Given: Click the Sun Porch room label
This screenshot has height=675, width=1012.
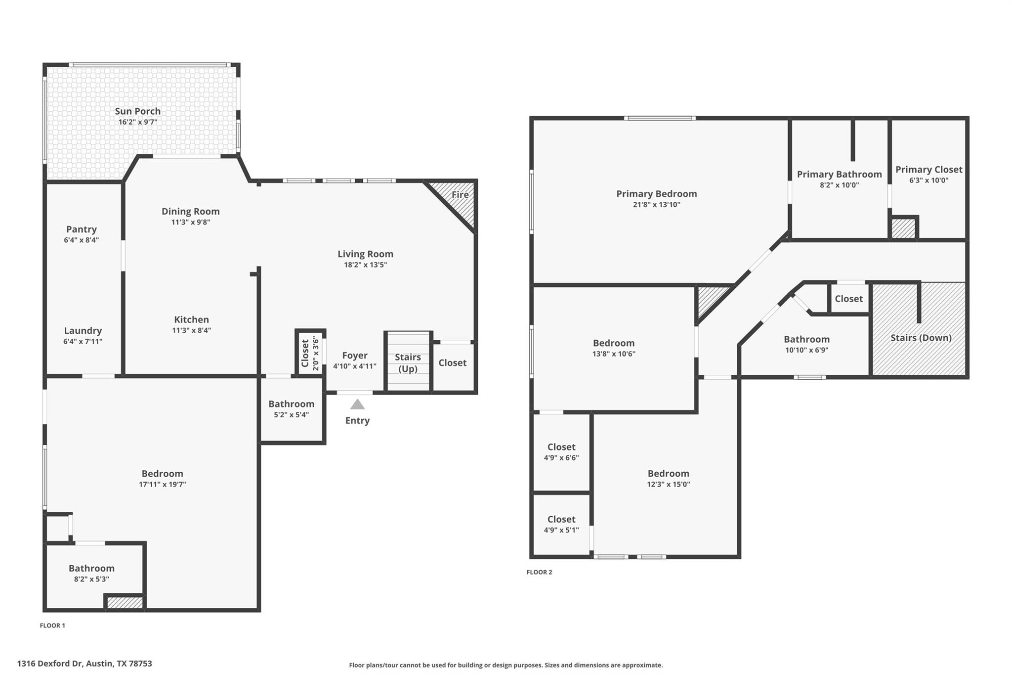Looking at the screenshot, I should click(x=137, y=111).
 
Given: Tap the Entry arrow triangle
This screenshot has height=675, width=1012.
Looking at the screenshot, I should click(x=357, y=405).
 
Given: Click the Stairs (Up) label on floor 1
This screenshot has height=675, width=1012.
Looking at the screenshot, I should click(x=408, y=362).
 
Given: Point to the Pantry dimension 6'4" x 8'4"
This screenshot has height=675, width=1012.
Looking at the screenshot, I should click(x=81, y=240).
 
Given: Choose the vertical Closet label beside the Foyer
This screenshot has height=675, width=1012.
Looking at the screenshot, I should click(x=305, y=353).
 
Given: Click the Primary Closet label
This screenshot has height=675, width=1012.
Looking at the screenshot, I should click(x=928, y=170).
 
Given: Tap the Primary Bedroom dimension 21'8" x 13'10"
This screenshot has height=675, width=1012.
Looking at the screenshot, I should click(x=656, y=205).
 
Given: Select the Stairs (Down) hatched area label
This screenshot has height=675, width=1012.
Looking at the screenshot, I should click(x=921, y=338).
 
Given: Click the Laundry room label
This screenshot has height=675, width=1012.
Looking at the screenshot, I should click(x=83, y=331).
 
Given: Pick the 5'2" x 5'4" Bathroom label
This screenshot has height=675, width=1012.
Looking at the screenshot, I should click(x=291, y=404).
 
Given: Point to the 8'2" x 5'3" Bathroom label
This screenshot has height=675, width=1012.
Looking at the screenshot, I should click(x=91, y=568).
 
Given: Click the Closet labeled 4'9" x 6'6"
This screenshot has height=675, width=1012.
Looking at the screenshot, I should click(x=561, y=447).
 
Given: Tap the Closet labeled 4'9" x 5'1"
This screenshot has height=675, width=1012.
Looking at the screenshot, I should click(x=561, y=519).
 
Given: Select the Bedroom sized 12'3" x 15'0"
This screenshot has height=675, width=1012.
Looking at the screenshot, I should click(x=668, y=474).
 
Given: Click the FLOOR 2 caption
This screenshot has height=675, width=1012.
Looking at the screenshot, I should click(x=539, y=572).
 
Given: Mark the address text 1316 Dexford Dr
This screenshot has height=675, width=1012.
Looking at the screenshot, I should click(x=84, y=664).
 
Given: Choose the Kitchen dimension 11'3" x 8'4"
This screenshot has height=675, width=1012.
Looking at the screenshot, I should click(x=191, y=331).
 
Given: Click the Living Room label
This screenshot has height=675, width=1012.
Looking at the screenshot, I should click(x=365, y=254).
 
